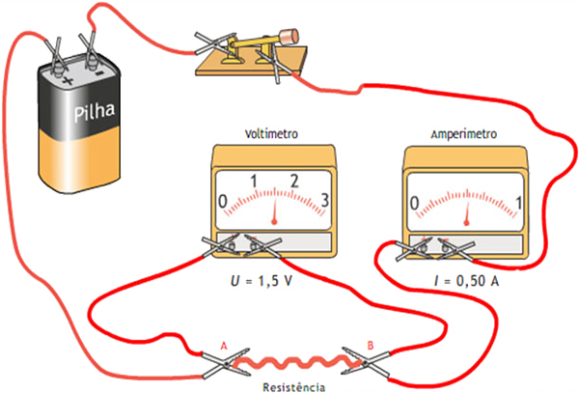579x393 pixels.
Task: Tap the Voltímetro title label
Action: pos(273,136)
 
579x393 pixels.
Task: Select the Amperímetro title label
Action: pos(465,136)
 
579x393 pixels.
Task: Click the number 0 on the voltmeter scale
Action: pos(224,201)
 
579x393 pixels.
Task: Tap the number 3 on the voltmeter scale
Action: pos(324,201)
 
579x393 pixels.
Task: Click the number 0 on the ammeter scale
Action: pos(414,204)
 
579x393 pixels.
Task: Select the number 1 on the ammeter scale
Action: pos(521,203)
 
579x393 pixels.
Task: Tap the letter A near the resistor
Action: pos(224,345)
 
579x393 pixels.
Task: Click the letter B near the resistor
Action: pos(370,345)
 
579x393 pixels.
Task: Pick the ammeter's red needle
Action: pos(468,208)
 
